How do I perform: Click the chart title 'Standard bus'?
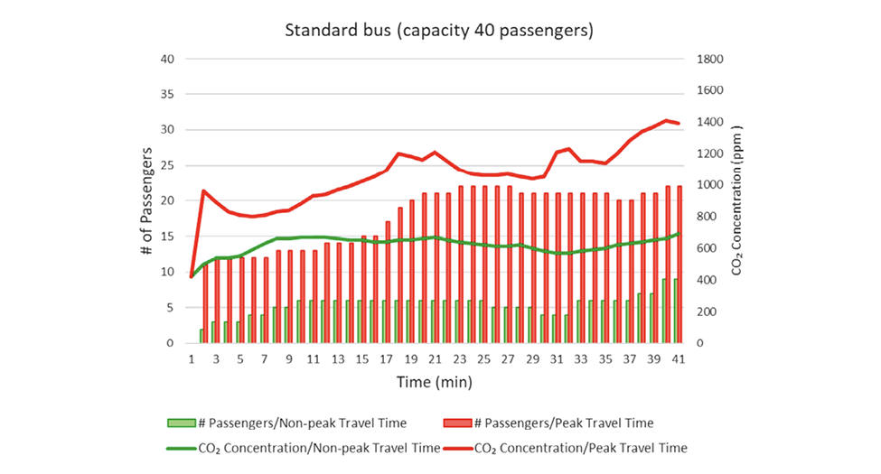coord(439,31)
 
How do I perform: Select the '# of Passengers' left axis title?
coord(146,200)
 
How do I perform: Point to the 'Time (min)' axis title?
coord(434,382)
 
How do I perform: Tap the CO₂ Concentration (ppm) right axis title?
coord(737,200)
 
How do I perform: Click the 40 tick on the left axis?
coord(165,59)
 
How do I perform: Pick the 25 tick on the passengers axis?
coord(165,165)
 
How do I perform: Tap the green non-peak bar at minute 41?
coord(674,311)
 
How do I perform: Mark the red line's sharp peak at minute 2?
coord(203,191)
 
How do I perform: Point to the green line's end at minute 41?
coord(678,234)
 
